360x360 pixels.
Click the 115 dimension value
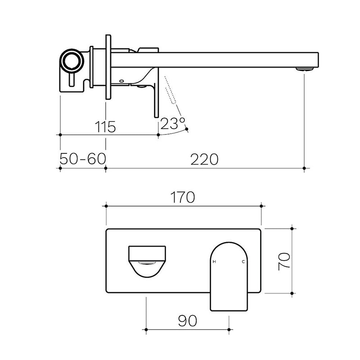[x=105, y=126]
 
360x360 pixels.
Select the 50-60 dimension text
[x=82, y=159]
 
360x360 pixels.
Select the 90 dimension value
[x=188, y=321]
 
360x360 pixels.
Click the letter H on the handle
[x=214, y=261]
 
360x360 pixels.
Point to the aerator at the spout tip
[x=305, y=69]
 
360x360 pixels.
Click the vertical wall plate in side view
[x=108, y=67]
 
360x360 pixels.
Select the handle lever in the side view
[x=156, y=92]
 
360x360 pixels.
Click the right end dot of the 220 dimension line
[x=305, y=168]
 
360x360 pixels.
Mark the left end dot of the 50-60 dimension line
[x=60, y=168]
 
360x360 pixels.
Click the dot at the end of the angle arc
[x=187, y=130]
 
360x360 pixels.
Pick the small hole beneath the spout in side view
[x=121, y=81]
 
